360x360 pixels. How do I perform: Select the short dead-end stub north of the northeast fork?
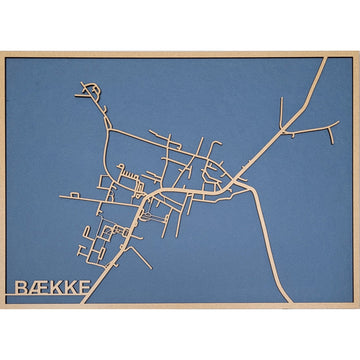coord(284,101)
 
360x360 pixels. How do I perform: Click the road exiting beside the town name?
coord(105,275)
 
